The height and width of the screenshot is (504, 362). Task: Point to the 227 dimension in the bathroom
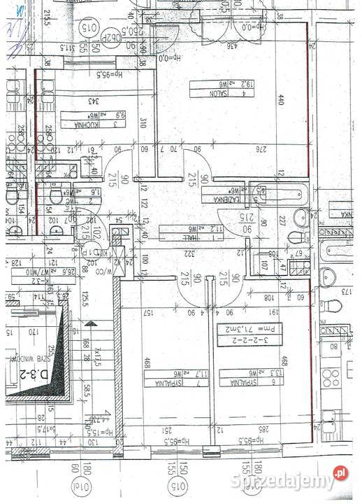click(282, 221)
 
